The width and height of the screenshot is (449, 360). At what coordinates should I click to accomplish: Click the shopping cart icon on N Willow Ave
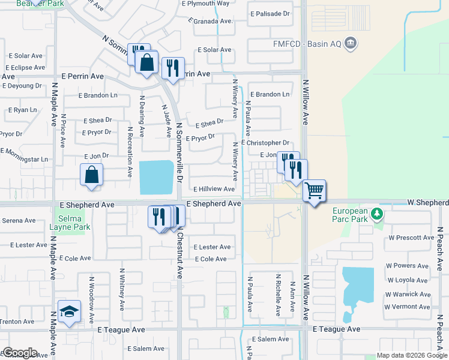click(x=315, y=191)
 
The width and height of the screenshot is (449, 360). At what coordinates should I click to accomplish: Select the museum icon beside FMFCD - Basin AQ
click(x=352, y=43)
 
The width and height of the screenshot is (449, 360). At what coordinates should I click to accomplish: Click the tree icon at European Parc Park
click(x=376, y=213)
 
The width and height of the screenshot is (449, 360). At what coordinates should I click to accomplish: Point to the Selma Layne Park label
click(x=70, y=223)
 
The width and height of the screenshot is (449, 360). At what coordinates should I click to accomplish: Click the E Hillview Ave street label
click(x=214, y=189)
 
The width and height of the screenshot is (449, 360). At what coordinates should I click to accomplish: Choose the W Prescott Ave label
click(x=411, y=238)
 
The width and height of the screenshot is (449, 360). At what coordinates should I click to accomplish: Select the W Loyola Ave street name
click(x=409, y=280)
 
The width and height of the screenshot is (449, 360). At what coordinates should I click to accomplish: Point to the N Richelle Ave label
click(x=279, y=295)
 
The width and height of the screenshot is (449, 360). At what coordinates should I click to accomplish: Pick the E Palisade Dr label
click(x=270, y=13)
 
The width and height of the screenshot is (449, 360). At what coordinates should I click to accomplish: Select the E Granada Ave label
click(x=210, y=20)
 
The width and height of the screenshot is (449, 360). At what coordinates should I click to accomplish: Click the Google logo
click(x=19, y=353)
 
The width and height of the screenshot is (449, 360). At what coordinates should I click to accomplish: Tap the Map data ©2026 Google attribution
click(x=411, y=355)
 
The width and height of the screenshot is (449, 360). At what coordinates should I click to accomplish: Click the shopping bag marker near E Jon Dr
click(x=90, y=175)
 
